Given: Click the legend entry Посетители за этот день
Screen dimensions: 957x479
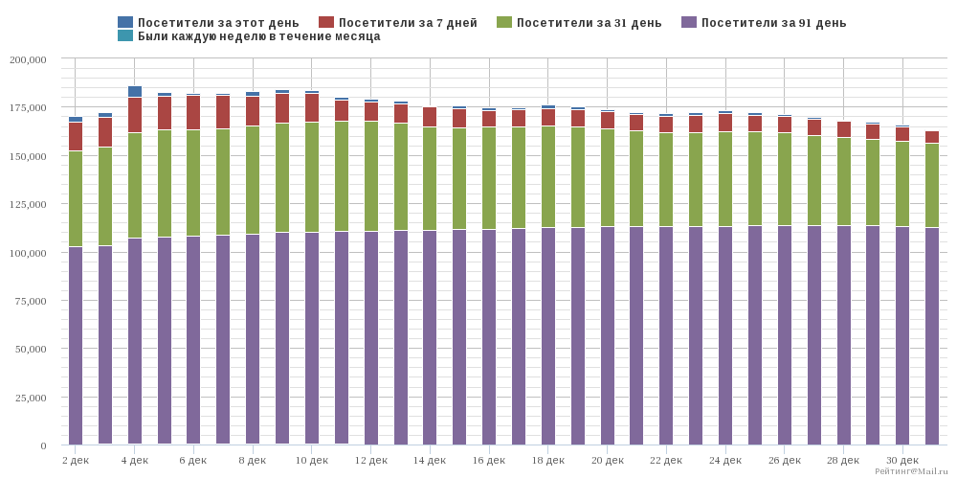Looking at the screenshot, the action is point(208,23).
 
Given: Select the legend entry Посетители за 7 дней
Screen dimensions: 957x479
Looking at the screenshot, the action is point(398,23).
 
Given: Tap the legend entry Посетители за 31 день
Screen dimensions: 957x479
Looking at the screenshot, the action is point(579,23).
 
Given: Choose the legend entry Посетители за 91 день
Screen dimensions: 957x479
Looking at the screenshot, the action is point(763,23).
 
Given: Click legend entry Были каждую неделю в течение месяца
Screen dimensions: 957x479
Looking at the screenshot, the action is point(249,36).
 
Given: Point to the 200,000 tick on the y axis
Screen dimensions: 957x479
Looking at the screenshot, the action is point(28,59).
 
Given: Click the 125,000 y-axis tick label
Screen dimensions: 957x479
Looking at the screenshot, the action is point(28,204).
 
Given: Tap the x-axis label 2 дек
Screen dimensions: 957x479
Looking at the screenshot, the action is point(75,460).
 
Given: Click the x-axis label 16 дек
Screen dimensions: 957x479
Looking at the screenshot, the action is point(489,460).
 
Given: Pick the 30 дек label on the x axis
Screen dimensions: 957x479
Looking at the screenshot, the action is point(902,460).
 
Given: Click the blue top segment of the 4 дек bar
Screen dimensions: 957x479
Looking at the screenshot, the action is point(134,92).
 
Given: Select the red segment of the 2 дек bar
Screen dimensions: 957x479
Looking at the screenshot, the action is point(75,137).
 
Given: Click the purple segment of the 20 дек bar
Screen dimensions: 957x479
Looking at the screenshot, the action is point(608,335).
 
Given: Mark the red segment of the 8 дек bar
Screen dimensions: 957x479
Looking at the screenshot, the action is point(253,111).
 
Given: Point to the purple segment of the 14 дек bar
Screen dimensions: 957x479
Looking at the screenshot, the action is point(430,337).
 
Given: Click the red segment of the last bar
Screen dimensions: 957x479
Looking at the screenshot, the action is point(932,137).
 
